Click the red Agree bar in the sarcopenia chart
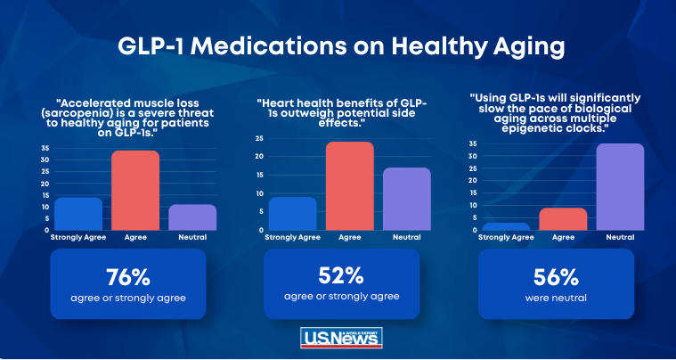[x=135, y=190]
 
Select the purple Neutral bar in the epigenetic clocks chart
[x=620, y=186]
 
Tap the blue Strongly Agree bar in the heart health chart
[x=293, y=213]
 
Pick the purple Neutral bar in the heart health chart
[x=407, y=199]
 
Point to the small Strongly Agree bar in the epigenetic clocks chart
[x=506, y=226]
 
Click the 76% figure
[x=128, y=278]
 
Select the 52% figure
[x=341, y=276]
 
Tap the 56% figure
[x=556, y=278]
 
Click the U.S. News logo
[x=341, y=338]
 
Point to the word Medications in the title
[x=269, y=47]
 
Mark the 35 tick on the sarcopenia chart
[x=45, y=148]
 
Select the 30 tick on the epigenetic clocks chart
[x=473, y=156]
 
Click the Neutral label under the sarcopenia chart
[x=191, y=237]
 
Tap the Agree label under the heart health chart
[x=350, y=237]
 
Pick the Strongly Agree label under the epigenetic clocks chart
[x=506, y=237]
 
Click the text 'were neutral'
[x=556, y=298]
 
